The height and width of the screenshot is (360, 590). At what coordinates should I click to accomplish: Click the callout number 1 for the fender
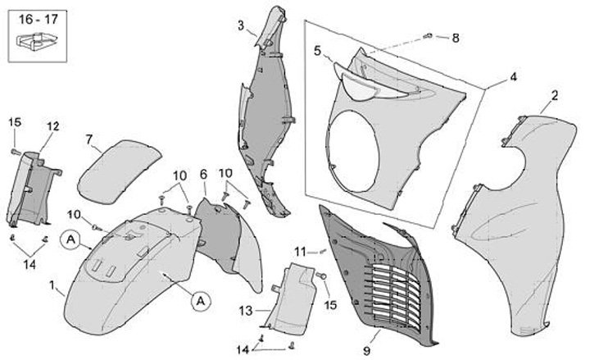pyautogui.click(x=51, y=287)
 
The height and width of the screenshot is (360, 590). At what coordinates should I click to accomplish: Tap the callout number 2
pyautogui.click(x=554, y=96)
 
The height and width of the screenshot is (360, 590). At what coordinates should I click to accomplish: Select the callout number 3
pyautogui.click(x=241, y=25)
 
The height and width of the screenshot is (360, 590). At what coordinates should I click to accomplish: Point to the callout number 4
pyautogui.click(x=513, y=77)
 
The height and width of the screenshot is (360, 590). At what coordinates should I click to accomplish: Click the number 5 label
pyautogui.click(x=317, y=50)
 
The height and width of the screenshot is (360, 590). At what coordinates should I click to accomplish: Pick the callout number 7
pyautogui.click(x=88, y=139)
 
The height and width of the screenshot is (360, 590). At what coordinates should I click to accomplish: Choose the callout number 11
pyautogui.click(x=300, y=251)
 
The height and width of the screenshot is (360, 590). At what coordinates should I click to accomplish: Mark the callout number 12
pyautogui.click(x=52, y=126)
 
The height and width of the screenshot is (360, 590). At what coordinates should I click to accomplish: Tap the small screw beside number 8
pyautogui.click(x=429, y=36)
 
